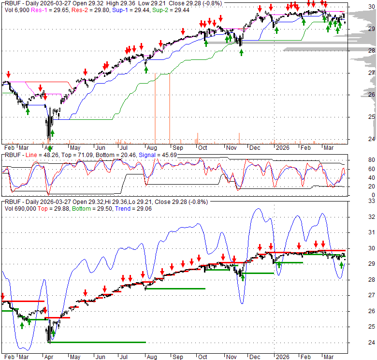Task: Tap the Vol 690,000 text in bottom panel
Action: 19,208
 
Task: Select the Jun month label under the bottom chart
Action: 100,358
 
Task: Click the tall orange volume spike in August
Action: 155,111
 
